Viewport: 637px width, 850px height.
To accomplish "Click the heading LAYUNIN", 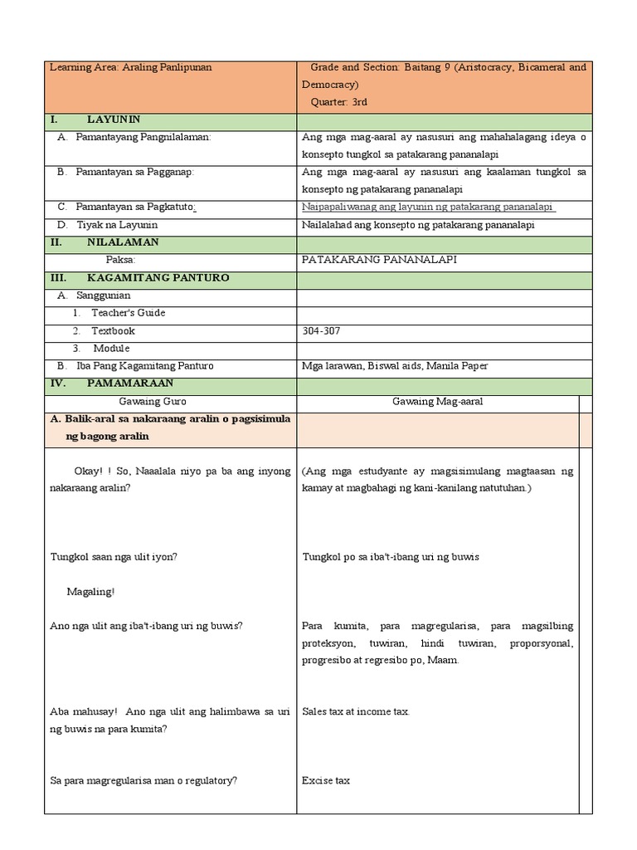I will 114,120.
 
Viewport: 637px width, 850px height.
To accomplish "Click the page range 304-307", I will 323,330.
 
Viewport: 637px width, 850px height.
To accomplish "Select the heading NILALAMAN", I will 123,242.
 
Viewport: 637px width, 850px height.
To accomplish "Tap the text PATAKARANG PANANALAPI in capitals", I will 379,260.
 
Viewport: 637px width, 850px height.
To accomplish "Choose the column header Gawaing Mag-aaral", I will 437,401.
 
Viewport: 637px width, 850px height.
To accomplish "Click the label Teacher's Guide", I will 128,313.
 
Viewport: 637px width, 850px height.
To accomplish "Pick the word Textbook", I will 113,330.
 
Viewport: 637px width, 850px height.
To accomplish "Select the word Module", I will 111,348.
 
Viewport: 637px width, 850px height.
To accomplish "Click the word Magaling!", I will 90,591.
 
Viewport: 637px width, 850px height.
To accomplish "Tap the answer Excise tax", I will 326,780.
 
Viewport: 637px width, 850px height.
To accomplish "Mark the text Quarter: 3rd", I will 338,102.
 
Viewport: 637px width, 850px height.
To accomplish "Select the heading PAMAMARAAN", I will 130,383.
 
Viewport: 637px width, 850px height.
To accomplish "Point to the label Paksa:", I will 120,260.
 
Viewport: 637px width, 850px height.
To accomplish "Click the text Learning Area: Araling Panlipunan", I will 130,67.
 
